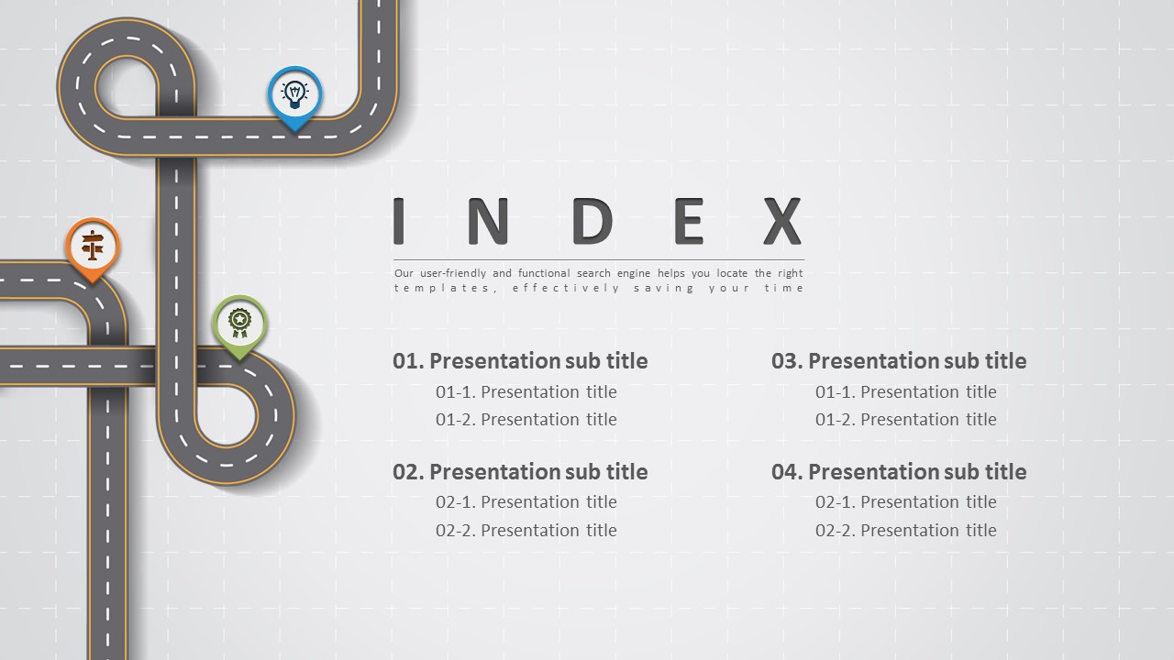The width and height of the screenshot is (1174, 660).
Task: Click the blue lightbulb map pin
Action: pos(294,97)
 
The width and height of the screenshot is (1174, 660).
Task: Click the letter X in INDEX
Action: pos(782,221)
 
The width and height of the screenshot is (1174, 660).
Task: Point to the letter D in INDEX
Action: pos(593,221)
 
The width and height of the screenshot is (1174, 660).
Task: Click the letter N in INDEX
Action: pos(488,221)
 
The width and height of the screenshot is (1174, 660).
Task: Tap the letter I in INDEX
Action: pos(398,221)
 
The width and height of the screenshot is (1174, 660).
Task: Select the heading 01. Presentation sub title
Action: pos(520,361)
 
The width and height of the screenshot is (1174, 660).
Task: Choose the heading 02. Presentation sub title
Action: pos(520,472)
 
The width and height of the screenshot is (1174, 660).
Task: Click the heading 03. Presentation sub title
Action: pos(899,361)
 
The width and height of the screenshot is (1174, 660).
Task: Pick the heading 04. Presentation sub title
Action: pos(899,472)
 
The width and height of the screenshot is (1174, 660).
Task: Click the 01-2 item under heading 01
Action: pos(526,419)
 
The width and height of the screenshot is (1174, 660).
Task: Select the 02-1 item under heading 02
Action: pos(526,501)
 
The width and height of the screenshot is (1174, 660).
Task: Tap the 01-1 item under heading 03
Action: pos(905,391)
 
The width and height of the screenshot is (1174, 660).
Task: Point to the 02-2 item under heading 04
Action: pos(905,530)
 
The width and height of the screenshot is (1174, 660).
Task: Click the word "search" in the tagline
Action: pos(593,273)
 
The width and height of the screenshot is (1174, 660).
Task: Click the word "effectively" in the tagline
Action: pos(566,288)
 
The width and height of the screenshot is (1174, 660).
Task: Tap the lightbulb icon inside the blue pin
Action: pos(294,94)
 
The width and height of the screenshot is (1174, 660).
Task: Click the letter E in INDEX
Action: pos(689,221)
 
